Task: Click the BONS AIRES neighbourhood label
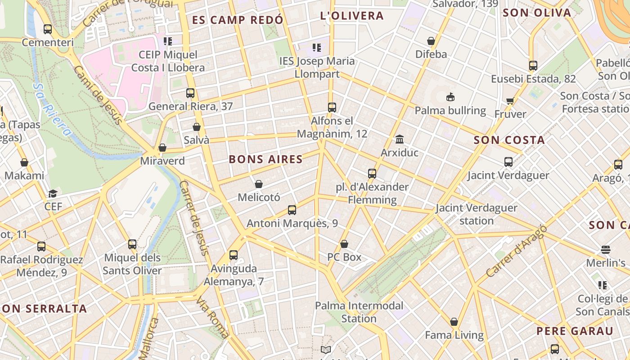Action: [x=265, y=159]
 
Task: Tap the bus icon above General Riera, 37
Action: [x=190, y=93]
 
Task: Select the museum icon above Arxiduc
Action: [x=399, y=139]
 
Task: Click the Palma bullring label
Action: [x=450, y=111]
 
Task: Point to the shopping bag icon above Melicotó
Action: [x=259, y=184]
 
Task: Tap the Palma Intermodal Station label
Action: [x=359, y=312]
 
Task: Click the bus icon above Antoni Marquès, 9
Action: [x=292, y=210]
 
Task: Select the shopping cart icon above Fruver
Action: [x=510, y=101]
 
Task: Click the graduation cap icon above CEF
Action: [x=53, y=193]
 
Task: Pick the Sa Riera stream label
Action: [x=52, y=109]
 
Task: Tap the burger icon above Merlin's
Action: [x=605, y=249]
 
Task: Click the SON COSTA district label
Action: [x=509, y=140]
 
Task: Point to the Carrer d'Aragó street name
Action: [x=516, y=251]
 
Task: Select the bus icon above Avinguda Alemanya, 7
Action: [x=234, y=255]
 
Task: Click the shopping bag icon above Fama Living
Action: [x=454, y=322]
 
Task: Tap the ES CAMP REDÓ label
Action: [x=238, y=20]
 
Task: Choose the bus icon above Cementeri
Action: [x=48, y=29]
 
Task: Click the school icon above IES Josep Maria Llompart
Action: [x=317, y=47]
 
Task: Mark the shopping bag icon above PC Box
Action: [x=344, y=244]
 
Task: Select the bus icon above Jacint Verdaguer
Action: [x=508, y=162]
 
